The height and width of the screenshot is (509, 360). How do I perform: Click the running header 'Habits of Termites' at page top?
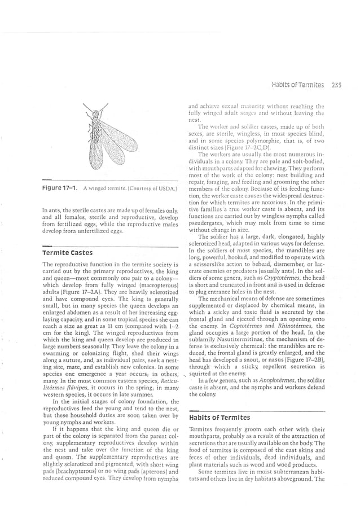pyautogui.click(x=297, y=85)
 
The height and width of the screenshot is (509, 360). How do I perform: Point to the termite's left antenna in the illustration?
pyautogui.click(x=85, y=106)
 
